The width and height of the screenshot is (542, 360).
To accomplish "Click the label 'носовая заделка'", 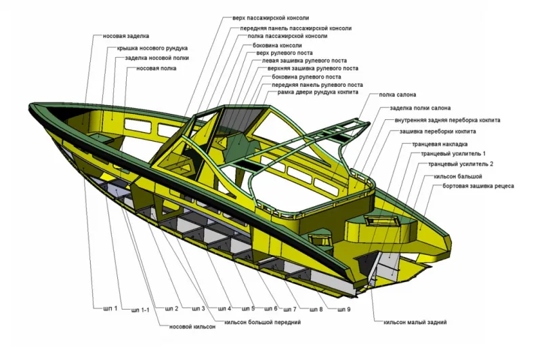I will click(x=126, y=36).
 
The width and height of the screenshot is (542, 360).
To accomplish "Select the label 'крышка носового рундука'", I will click(x=152, y=48).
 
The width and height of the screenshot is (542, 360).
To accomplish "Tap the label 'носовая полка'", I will click(x=157, y=68).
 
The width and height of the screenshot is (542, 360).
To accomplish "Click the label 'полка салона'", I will click(x=398, y=95).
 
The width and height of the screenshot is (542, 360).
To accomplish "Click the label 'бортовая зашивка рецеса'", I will click(x=478, y=186).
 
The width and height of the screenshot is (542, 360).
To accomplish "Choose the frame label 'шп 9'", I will click(x=343, y=310).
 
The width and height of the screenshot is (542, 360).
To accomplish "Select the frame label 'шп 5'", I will click(x=247, y=309).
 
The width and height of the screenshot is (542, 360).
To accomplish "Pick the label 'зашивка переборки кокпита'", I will click(x=438, y=131).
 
